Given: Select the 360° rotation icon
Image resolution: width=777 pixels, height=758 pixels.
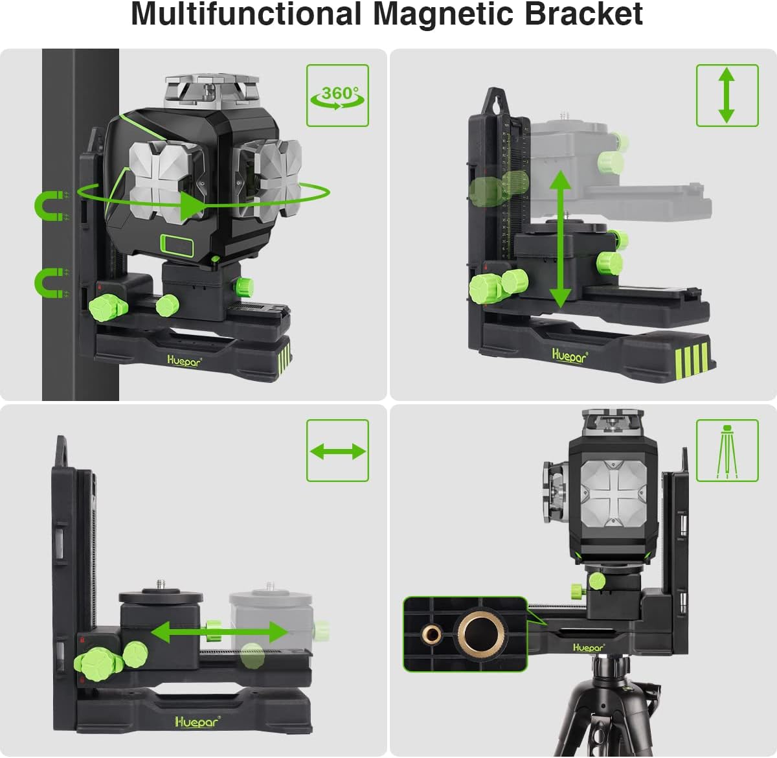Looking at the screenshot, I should click(x=337, y=95).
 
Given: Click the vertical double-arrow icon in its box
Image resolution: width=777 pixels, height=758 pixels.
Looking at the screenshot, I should click(x=726, y=95).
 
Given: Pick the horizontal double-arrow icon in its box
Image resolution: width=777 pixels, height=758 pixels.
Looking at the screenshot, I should click(x=337, y=450).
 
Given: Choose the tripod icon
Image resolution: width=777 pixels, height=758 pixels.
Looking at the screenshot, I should click(x=726, y=450).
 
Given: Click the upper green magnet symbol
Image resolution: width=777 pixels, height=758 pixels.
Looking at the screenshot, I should click(x=50, y=206).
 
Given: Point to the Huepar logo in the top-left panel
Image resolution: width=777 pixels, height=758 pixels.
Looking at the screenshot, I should click(x=184, y=361).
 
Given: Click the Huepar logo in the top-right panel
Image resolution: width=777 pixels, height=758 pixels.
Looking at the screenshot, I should click(x=570, y=355).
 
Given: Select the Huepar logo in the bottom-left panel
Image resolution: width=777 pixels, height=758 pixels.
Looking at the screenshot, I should click(x=197, y=721).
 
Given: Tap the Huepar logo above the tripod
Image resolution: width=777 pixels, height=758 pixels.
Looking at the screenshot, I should click(x=588, y=647).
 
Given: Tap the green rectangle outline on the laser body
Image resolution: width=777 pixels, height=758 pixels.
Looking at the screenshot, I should click(x=178, y=246).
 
